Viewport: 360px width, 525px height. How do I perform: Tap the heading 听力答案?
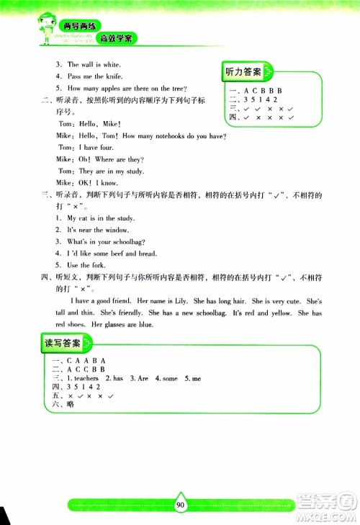(x=243, y=72)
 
